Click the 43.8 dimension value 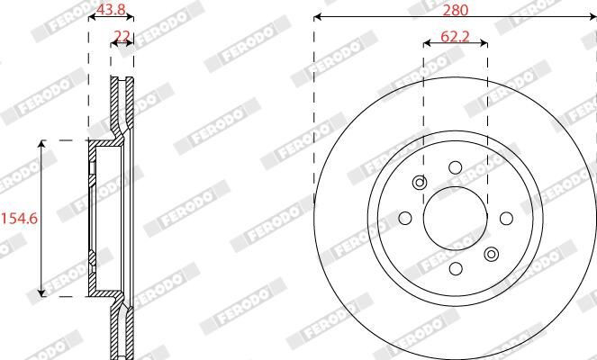pos(111,8)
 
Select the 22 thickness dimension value pos(122,36)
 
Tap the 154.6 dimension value pos(20,219)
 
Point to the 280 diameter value pos(456,10)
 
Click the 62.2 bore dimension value pos(455,37)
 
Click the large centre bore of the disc pos(456,219)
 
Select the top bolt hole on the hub pos(456,167)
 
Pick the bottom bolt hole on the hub pos(456,269)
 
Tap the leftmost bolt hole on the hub pos(405,219)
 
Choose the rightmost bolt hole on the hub pos(506,219)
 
